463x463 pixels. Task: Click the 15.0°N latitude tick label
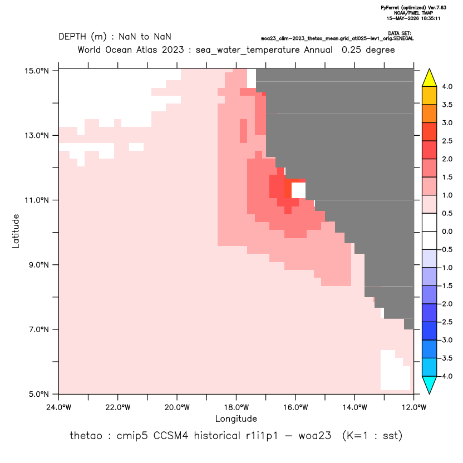click(x=37, y=71)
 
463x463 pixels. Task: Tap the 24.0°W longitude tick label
click(x=59, y=407)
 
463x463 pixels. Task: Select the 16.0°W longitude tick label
click(x=295, y=407)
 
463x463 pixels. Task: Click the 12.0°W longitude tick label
click(x=413, y=407)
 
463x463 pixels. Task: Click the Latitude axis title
click(x=16, y=231)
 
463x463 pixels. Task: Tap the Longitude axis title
click(x=236, y=418)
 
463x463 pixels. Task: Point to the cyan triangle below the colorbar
click(x=430, y=385)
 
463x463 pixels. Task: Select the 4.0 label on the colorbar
click(x=447, y=86)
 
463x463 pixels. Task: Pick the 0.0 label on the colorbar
click(x=447, y=231)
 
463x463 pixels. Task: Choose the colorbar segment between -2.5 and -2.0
click(x=430, y=313)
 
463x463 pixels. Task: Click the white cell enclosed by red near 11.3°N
click(x=298, y=190)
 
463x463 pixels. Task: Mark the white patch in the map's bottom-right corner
click(x=395, y=370)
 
